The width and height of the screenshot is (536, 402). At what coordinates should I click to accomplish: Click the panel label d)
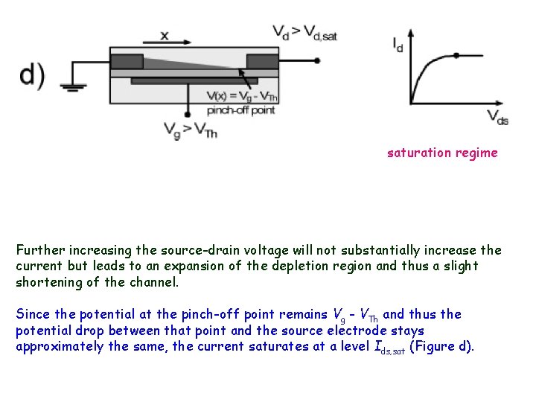pyautogui.click(x=32, y=76)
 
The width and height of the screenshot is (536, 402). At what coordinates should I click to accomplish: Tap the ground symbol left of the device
pyautogui.click(x=72, y=86)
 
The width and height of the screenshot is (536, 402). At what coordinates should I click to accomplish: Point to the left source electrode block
pyautogui.click(x=127, y=60)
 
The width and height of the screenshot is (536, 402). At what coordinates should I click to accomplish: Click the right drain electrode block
pyautogui.click(x=263, y=61)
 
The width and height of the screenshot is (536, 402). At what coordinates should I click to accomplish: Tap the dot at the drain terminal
pyautogui.click(x=318, y=60)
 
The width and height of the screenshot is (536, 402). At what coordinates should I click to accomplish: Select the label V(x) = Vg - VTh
pyautogui.click(x=243, y=96)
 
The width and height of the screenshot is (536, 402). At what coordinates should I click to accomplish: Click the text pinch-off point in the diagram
pyautogui.click(x=240, y=109)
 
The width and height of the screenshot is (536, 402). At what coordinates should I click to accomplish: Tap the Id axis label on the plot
pyautogui.click(x=399, y=44)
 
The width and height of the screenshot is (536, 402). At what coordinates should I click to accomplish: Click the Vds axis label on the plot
pyautogui.click(x=497, y=115)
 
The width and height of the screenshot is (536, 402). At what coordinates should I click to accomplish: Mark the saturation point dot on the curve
pyautogui.click(x=456, y=55)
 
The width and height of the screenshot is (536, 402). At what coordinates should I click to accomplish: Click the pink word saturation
pyautogui.click(x=418, y=153)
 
